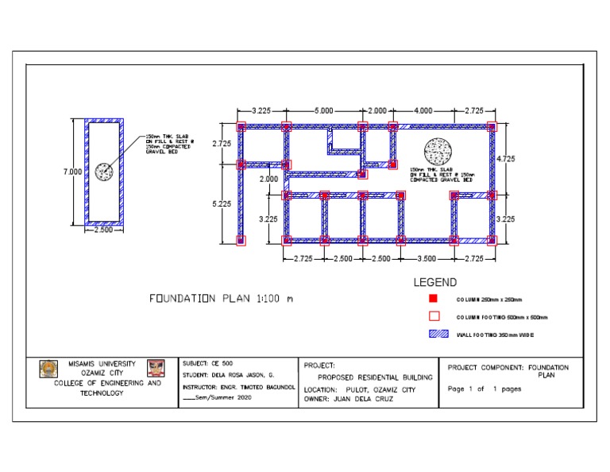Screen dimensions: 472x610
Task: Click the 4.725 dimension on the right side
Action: [505, 159]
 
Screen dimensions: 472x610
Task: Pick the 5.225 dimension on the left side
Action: [222, 204]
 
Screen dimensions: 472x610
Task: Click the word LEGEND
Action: [434, 282]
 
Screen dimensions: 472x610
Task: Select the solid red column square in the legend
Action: [434, 300]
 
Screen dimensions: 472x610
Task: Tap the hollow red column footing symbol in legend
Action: [434, 316]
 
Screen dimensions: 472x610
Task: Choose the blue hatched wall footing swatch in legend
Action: [434, 335]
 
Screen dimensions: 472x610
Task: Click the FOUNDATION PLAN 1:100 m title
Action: [221, 299]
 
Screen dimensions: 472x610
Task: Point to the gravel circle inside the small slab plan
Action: [103, 171]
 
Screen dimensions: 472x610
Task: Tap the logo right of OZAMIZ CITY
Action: [154, 368]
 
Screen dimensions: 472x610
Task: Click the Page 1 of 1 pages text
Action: [485, 389]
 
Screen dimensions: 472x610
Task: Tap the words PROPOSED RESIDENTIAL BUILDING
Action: [375, 377]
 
